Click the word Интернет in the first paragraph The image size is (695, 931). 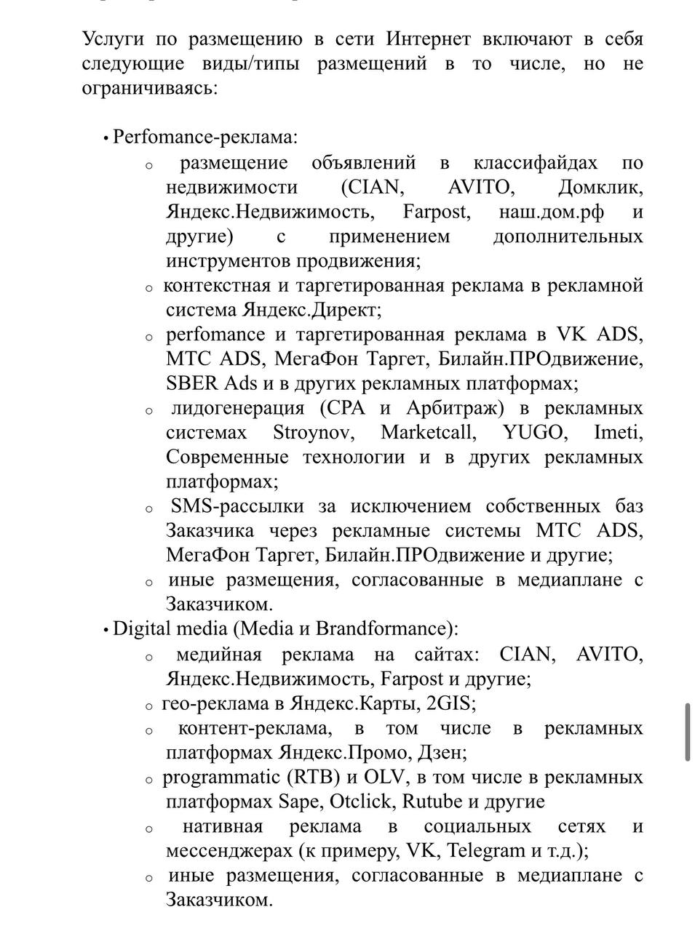click(x=429, y=39)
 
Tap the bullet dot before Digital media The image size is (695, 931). click(x=106, y=630)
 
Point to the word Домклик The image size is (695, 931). click(x=600, y=187)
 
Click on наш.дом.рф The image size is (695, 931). click(x=553, y=212)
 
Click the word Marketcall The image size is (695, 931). click(x=428, y=433)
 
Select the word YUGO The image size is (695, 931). click(x=533, y=433)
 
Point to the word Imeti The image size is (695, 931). click(x=618, y=433)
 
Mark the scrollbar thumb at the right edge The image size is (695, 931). click(x=688, y=732)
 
